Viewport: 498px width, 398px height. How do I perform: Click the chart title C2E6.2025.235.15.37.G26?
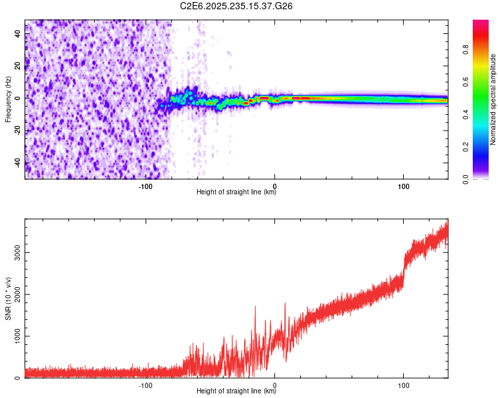pos(236,6)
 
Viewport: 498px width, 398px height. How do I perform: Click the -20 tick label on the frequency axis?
pos(17,131)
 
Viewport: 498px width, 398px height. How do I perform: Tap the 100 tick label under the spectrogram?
pos(403,186)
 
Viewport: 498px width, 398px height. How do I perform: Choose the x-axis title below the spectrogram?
pos(236,192)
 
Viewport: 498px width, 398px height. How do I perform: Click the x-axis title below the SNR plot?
pos(236,391)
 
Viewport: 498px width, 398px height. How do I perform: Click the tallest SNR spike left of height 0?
pos(255,307)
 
